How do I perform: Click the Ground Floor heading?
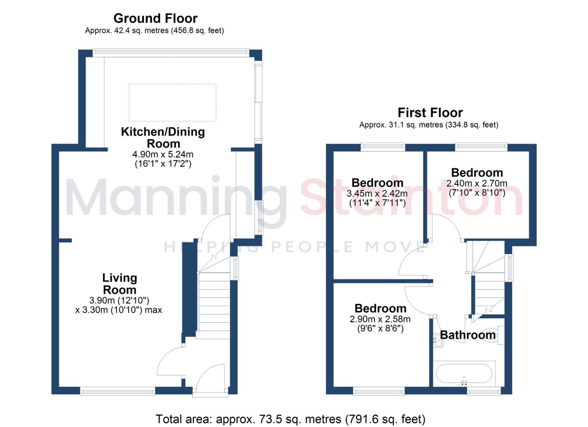155,19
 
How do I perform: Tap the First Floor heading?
430,113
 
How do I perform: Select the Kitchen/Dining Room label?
163,138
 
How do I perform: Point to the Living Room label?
119,284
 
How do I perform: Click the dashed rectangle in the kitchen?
172,102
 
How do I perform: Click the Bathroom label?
468,335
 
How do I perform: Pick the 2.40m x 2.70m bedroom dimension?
477,183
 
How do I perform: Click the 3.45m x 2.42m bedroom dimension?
377,193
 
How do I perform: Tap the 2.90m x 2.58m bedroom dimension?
380,319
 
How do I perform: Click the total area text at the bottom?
290,419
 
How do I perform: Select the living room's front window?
117,392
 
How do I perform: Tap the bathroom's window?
484,392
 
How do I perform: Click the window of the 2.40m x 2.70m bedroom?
481,147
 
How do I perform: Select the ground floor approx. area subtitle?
154,31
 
